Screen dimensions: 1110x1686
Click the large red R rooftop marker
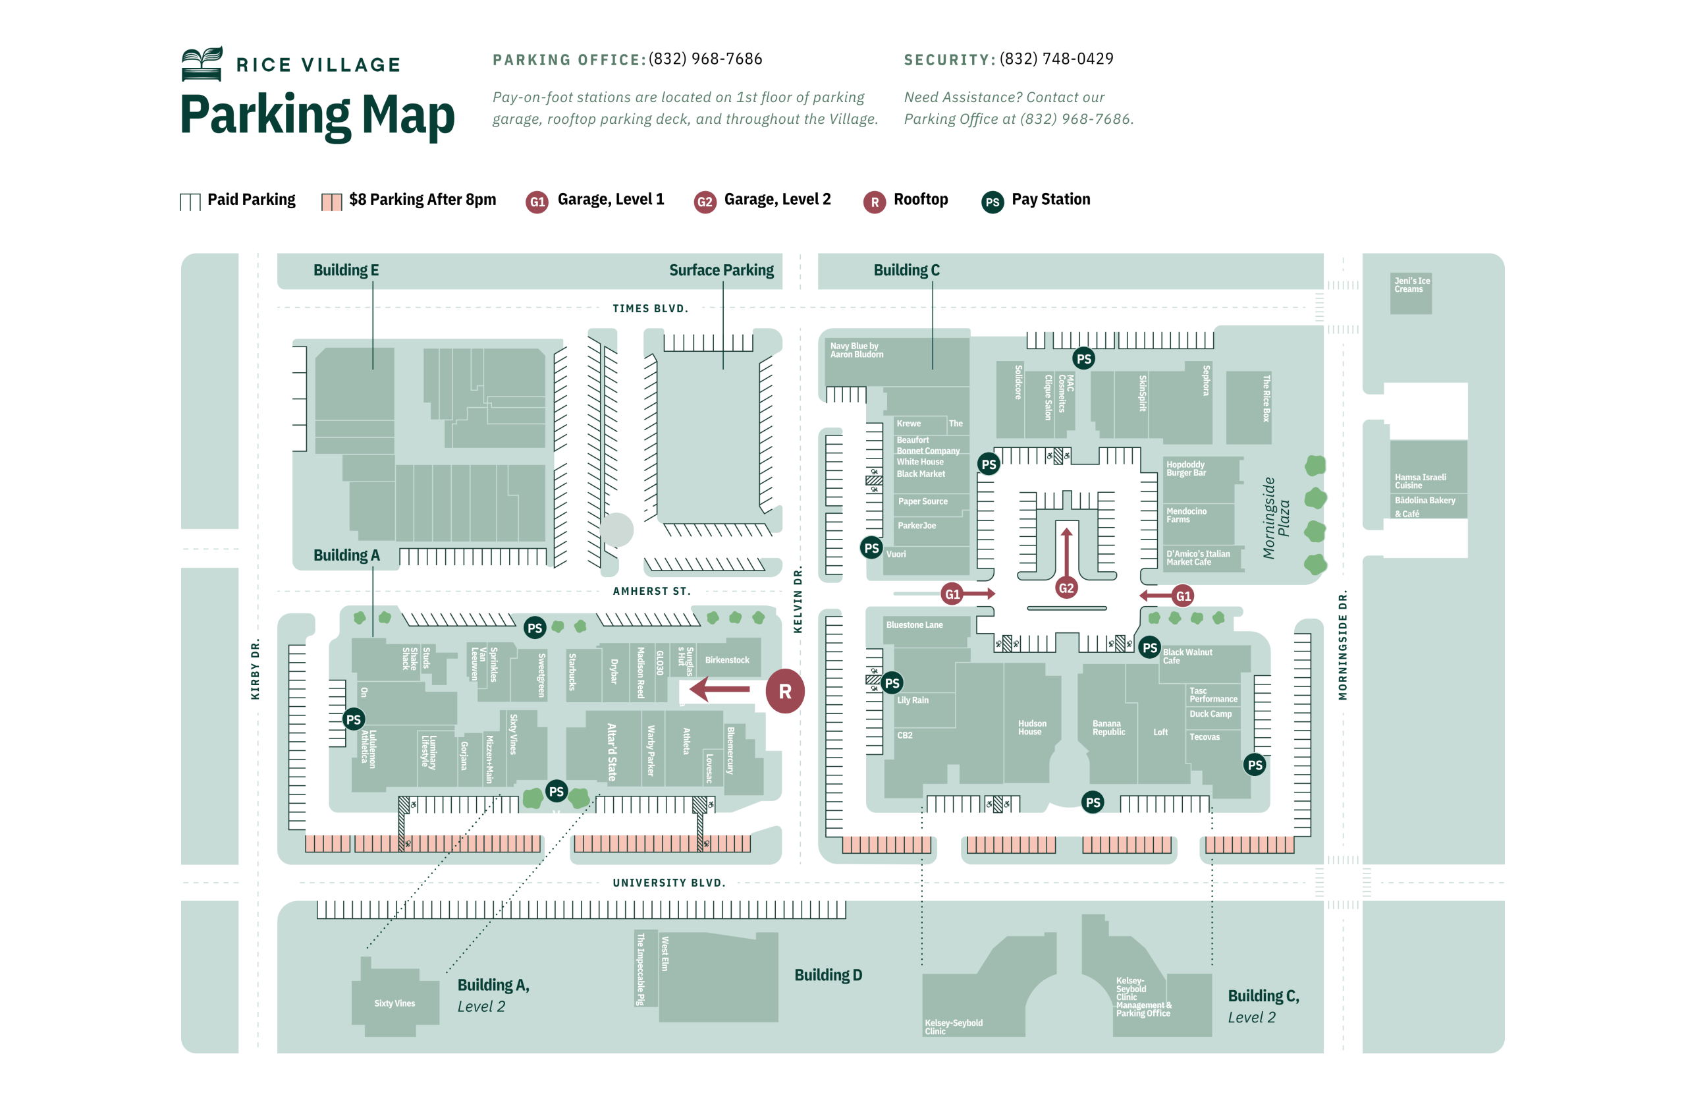[x=784, y=690]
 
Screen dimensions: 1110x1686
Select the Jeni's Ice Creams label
[x=1411, y=285]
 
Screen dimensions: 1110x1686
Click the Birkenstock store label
[x=726, y=659]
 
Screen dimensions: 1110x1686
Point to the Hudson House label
[x=1031, y=727]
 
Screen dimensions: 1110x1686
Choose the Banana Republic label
[x=1108, y=727]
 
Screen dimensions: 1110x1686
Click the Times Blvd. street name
[x=649, y=308]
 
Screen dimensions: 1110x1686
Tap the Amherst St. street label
[x=651, y=591]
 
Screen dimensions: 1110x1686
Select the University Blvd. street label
[x=668, y=883]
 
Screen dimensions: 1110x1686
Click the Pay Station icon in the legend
[x=992, y=202]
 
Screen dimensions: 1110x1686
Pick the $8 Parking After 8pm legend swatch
[x=331, y=202]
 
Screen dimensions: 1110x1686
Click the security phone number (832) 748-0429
[x=1056, y=59]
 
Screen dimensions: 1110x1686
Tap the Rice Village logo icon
[x=202, y=64]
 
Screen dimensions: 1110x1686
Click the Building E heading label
[x=346, y=270]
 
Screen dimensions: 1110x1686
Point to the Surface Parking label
[x=721, y=270]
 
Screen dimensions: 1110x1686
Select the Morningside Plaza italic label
[x=1275, y=518]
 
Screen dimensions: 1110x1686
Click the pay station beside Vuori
[x=871, y=547]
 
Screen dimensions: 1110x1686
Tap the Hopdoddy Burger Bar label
[x=1185, y=468]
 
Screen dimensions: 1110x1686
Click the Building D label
[x=827, y=975]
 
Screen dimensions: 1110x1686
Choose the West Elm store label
[x=664, y=953]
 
